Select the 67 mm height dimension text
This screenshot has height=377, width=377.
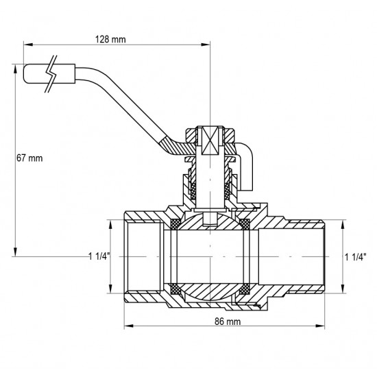click(x=29, y=158)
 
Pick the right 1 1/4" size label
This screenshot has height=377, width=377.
click(x=356, y=256)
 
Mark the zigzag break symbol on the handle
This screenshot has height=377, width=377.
click(x=51, y=73)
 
